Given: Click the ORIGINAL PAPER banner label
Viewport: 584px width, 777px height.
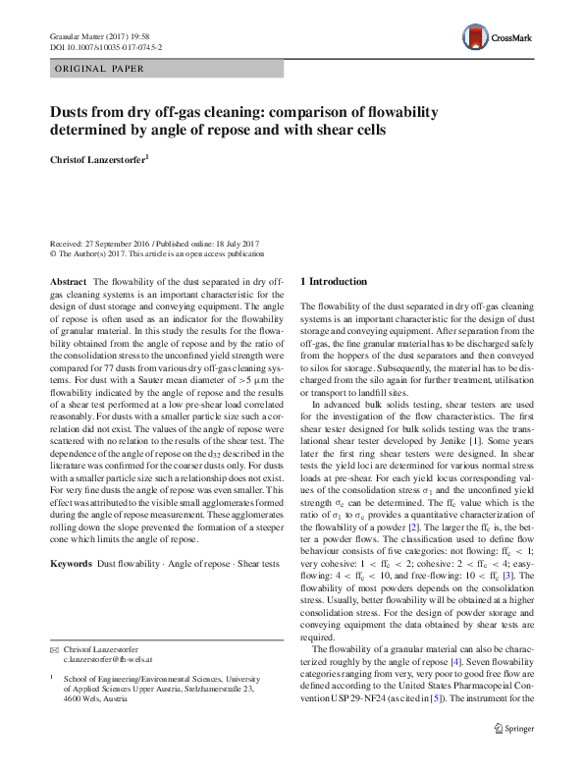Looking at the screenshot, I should [101, 69].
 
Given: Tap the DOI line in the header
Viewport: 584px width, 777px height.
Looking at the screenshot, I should [105, 46].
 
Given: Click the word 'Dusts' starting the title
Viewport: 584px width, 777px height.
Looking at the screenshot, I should [73, 111].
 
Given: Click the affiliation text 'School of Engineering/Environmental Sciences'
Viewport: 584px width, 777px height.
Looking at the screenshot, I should [147, 678].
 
